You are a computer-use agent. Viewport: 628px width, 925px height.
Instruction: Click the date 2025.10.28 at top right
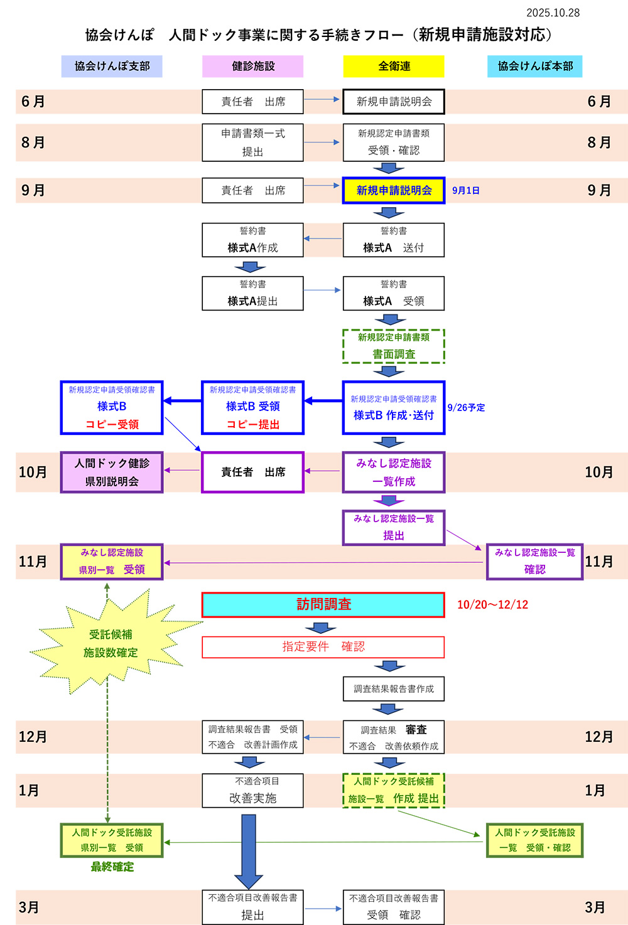553,13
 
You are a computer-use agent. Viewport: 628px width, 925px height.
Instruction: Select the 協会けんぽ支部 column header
112,66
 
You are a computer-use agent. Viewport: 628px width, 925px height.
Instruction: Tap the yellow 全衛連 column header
394,66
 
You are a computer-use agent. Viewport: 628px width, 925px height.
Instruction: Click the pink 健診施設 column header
252,66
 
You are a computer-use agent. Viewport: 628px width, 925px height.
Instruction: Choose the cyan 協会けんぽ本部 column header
534,66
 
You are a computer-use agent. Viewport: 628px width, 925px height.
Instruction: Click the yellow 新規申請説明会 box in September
394,190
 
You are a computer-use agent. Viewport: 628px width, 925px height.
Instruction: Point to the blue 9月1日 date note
465,191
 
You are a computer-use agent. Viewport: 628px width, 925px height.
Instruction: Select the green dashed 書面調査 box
394,346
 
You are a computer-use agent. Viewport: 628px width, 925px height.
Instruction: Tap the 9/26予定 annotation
466,408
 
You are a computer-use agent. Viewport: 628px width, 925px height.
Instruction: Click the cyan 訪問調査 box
323,605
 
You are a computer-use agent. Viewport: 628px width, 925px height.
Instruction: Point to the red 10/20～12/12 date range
492,605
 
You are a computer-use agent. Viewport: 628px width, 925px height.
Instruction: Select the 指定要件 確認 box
323,647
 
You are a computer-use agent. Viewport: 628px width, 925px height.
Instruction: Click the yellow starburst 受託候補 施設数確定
111,643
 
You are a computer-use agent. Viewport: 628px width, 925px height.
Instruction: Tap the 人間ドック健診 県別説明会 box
112,473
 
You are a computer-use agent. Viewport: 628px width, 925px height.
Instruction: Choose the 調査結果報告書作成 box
394,689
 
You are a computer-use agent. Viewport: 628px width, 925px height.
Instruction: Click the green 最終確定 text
112,867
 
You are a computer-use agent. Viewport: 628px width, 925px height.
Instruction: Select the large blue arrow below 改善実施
249,850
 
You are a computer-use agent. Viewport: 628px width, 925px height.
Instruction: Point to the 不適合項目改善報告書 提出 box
252,907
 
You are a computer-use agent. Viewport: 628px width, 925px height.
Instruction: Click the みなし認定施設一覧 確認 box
534,562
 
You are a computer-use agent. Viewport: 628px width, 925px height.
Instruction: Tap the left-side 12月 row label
33,737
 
